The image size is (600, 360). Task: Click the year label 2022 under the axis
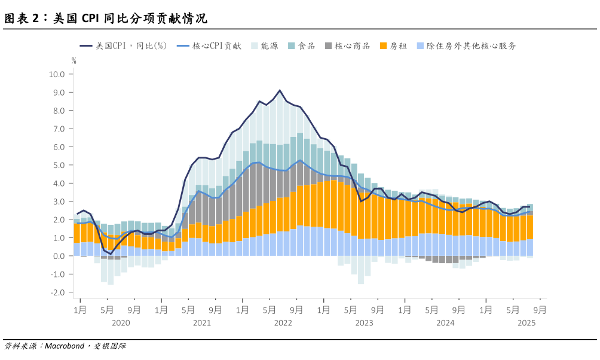(283, 323)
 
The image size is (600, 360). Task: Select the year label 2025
(526, 323)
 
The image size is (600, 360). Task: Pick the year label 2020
(120, 323)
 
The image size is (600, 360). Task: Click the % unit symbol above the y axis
(74, 60)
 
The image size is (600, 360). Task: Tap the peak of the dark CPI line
(280, 90)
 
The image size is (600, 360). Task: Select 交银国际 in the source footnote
(110, 346)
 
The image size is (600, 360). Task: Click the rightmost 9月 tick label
(539, 310)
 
